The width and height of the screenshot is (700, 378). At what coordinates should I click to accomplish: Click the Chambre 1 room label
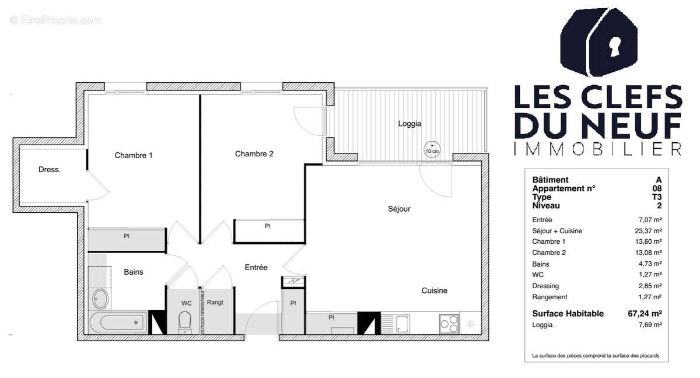coord(134,155)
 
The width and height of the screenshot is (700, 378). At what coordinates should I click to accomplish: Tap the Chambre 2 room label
coord(254,154)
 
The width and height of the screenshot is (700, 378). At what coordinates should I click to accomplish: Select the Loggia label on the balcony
coord(409,124)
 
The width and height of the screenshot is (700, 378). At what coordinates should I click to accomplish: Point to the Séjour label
coord(400,209)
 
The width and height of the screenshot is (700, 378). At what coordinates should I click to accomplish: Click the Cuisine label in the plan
coord(435,290)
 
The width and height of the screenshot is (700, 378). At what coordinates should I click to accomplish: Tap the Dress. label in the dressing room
coord(50,170)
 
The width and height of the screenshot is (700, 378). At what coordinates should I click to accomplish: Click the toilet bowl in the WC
coord(185,321)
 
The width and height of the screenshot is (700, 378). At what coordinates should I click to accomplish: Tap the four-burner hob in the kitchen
coord(449,323)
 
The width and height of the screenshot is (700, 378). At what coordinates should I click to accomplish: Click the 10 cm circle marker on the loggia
coord(432,148)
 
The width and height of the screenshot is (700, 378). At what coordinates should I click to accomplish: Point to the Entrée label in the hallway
coord(256,267)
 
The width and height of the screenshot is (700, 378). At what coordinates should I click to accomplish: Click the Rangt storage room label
coord(215,302)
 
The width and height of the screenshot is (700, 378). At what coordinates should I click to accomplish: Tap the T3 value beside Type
coord(657,197)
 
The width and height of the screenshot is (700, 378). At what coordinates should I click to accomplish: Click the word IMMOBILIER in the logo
coord(597,149)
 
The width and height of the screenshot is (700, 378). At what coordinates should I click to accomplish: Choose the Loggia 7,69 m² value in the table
coord(651,325)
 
